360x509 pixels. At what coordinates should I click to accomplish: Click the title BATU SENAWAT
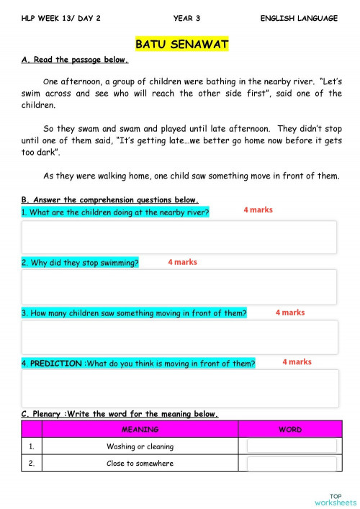pyautogui.click(x=181, y=45)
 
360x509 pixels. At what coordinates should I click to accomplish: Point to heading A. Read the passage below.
pyautogui.click(x=75, y=60)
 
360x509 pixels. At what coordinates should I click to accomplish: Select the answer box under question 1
pyautogui.click(x=179, y=237)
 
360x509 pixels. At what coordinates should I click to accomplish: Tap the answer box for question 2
pyautogui.click(x=179, y=287)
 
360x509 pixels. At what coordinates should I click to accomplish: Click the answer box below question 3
pyautogui.click(x=179, y=337)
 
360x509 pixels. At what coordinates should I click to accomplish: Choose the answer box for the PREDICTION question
pyautogui.click(x=179, y=388)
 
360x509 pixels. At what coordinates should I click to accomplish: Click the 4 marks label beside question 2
pyautogui.click(x=182, y=263)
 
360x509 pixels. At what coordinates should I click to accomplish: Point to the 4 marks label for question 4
pyautogui.click(x=297, y=362)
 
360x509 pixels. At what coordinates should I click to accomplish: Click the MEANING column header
pyautogui.click(x=140, y=430)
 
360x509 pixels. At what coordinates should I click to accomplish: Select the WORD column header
pyautogui.click(x=290, y=430)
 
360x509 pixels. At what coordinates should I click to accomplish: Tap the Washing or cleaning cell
pyautogui.click(x=140, y=446)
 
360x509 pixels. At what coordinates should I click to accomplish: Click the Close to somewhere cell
pyautogui.click(x=140, y=464)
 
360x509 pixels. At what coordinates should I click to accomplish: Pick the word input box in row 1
pyautogui.click(x=291, y=446)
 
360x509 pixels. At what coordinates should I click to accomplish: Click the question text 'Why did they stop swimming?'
pyautogui.click(x=80, y=263)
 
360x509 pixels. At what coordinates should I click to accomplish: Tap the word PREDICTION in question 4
pyautogui.click(x=55, y=364)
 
